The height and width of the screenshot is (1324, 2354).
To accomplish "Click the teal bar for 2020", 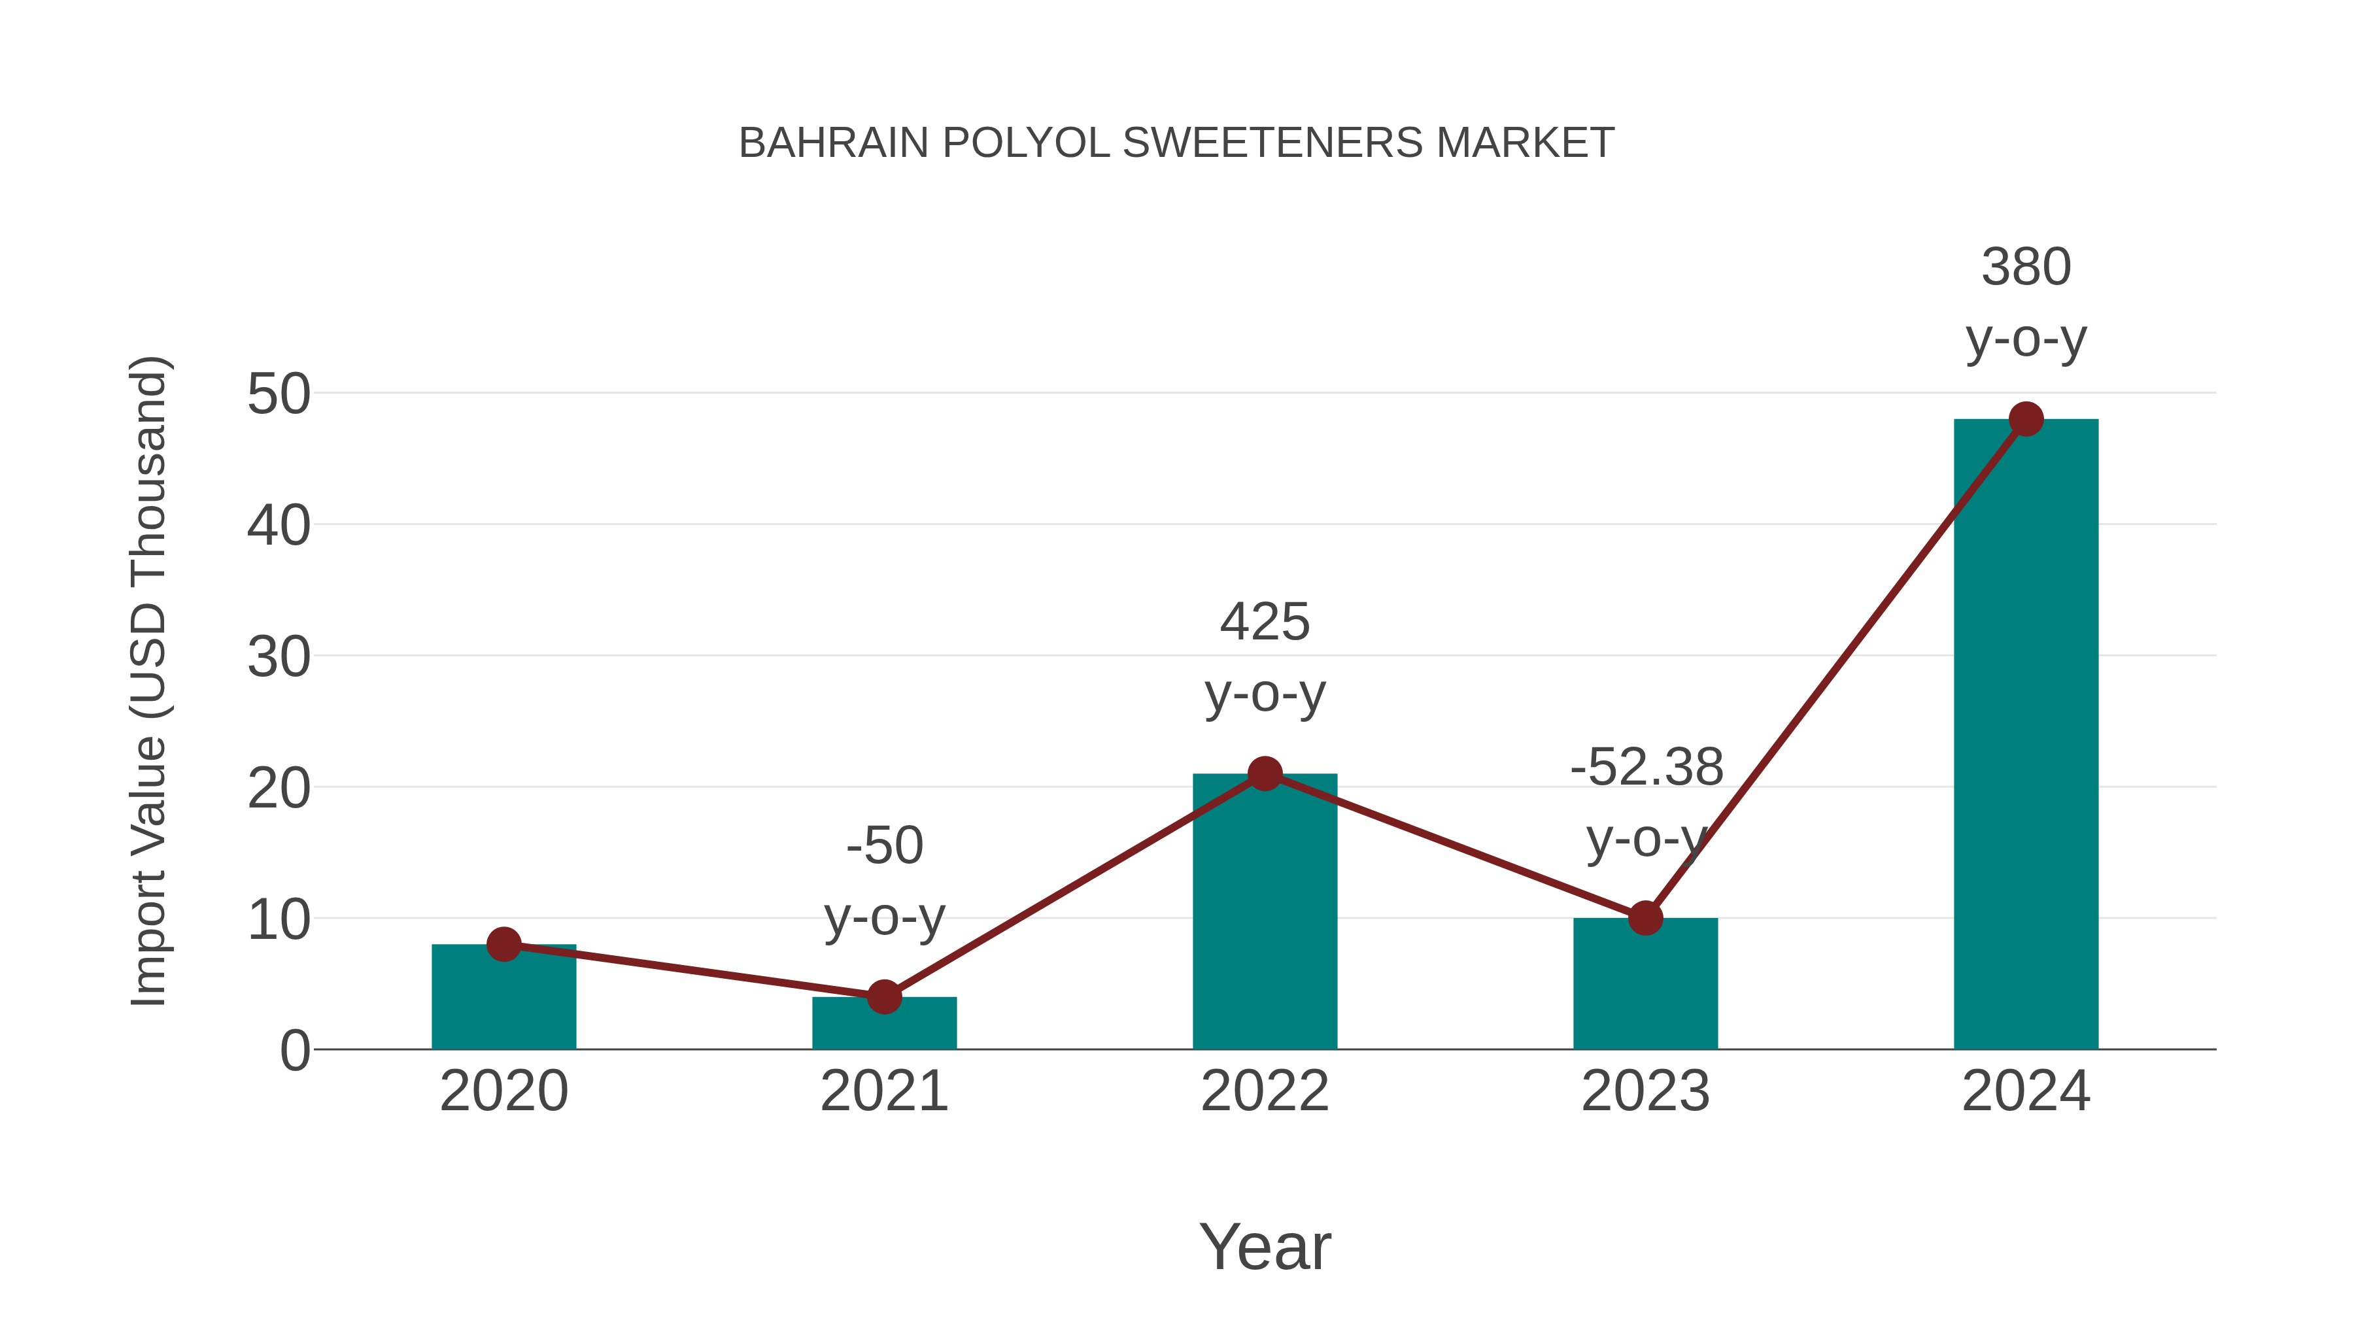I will point(503,1000).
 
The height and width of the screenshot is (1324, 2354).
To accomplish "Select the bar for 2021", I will point(883,1025).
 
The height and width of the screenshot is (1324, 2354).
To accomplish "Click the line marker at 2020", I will point(503,944).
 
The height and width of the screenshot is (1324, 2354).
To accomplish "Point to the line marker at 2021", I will point(883,997).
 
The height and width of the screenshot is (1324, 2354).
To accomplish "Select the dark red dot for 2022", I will point(1265,774).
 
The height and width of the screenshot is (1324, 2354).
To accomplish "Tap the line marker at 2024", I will point(2026,419).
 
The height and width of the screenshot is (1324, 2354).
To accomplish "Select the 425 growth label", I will point(1265,622).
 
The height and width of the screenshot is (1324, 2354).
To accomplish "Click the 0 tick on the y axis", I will point(295,1050).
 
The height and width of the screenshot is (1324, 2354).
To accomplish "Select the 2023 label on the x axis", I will point(1645,1091).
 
